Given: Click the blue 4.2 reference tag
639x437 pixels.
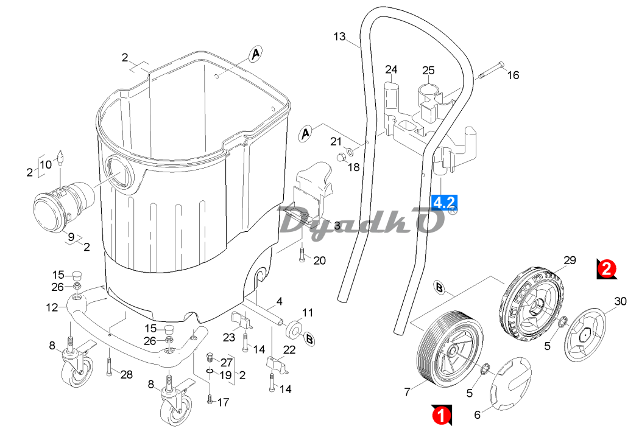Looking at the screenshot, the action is [x=444, y=203].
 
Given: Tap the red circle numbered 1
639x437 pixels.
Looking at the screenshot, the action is [x=440, y=416].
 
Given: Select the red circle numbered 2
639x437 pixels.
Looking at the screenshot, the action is [x=607, y=269].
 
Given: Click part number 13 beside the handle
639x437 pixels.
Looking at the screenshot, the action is [x=339, y=37].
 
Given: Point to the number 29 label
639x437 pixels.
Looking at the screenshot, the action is [x=570, y=260].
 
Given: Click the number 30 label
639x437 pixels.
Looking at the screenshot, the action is [x=620, y=301].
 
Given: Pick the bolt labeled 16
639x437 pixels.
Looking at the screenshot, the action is [x=491, y=70].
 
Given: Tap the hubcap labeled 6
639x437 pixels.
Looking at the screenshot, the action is [x=510, y=383].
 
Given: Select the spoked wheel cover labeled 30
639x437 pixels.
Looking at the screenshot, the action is [x=585, y=334].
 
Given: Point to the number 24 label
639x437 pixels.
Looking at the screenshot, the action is [x=391, y=69].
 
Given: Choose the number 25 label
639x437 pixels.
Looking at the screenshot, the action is [x=428, y=71].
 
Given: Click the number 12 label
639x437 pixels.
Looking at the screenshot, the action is [x=52, y=307].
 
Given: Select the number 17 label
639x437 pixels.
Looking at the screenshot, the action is [x=223, y=402].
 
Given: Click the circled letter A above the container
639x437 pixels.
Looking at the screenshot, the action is [x=255, y=54].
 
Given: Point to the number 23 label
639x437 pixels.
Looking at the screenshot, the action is [x=229, y=337].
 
